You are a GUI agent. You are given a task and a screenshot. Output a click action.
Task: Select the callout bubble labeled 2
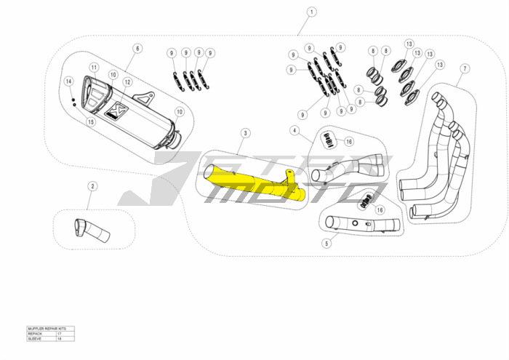(x=92, y=187)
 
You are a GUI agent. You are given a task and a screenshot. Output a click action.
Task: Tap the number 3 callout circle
(x=246, y=133)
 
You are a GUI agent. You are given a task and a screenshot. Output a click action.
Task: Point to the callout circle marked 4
(x=294, y=131)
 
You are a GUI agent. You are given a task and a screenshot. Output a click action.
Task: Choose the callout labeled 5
(x=326, y=244)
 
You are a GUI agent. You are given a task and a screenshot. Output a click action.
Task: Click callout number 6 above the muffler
(x=136, y=49)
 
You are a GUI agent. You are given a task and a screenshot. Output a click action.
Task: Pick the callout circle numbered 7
(x=464, y=68)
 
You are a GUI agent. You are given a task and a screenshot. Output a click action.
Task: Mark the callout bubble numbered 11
(x=94, y=68)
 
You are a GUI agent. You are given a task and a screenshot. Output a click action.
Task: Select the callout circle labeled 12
(x=127, y=82)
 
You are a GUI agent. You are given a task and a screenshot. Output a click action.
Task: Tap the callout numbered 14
(x=68, y=81)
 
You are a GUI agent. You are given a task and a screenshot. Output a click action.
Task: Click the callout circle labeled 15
(x=91, y=121)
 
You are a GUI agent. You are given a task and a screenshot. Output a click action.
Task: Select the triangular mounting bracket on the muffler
(x=147, y=97)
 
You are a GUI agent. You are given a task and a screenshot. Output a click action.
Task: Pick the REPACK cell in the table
(x=41, y=334)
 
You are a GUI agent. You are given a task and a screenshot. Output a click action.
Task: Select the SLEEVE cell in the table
(x=41, y=339)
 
